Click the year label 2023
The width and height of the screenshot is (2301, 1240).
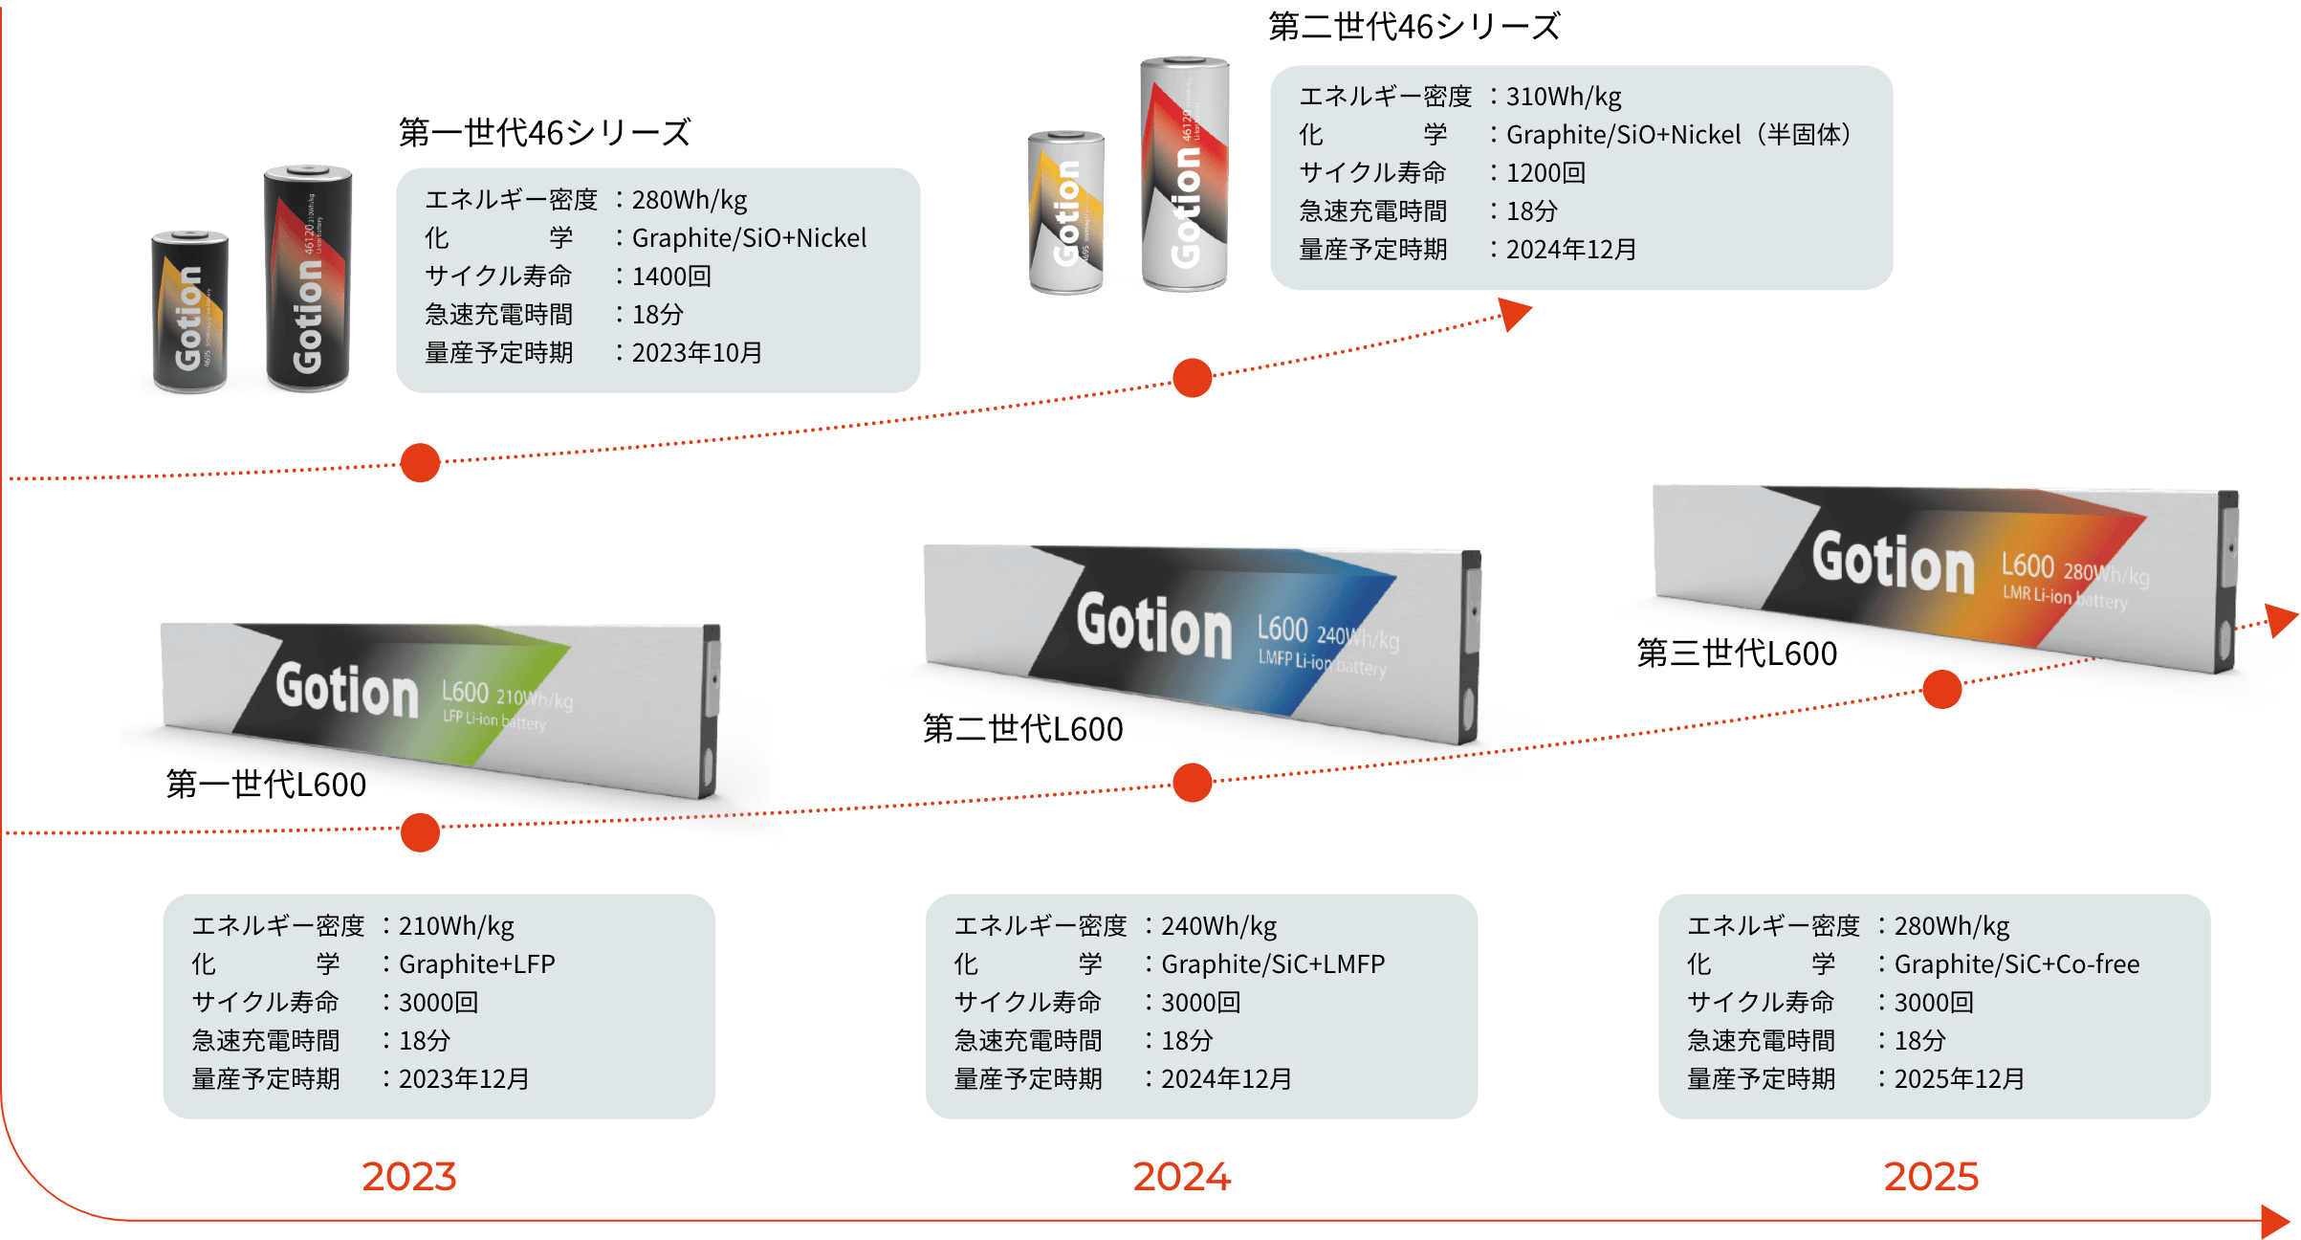[x=409, y=1177]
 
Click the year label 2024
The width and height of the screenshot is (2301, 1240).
[x=1182, y=1177]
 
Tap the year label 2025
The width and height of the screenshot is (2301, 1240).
[x=1931, y=1177]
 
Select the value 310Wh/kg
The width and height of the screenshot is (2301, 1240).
[x=1564, y=97]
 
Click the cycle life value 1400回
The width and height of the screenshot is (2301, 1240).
[x=671, y=277]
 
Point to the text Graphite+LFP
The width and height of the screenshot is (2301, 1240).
[x=476, y=964]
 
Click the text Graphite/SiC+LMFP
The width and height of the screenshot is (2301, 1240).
[x=1272, y=964]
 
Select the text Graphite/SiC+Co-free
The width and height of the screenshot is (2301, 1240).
[x=2016, y=964]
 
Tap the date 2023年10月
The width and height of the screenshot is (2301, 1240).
[x=696, y=353]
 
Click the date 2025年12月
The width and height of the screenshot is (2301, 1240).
[x=1959, y=1079]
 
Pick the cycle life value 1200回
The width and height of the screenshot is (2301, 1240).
[x=1545, y=173]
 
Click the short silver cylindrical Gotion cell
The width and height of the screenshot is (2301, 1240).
[x=1066, y=212]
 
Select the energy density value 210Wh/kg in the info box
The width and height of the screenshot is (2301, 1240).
[x=456, y=926]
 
